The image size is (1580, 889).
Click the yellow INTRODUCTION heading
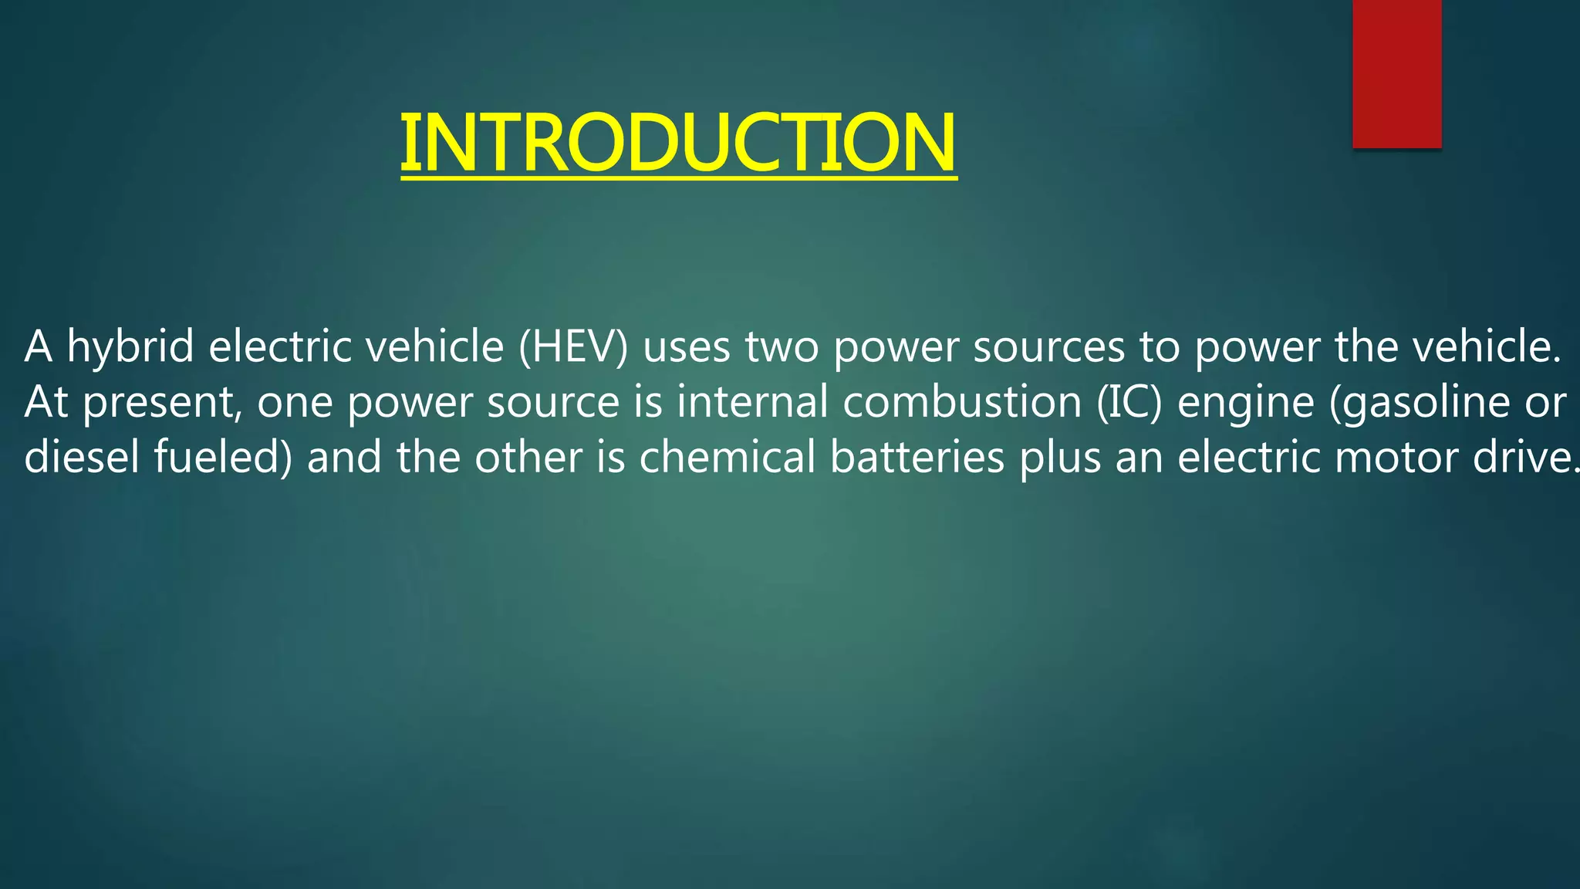[x=678, y=144]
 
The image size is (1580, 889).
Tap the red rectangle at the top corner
[x=1396, y=73]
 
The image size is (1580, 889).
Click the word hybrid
[x=130, y=346]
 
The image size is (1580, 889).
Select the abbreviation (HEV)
[x=573, y=346]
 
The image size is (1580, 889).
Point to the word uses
[x=687, y=346]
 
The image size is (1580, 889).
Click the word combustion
[x=962, y=402]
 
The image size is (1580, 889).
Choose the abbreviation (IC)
[x=1129, y=402]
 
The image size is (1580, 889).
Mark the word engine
[x=1245, y=402]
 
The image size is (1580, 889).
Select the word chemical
[x=727, y=457]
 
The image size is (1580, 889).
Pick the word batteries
[x=917, y=457]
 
